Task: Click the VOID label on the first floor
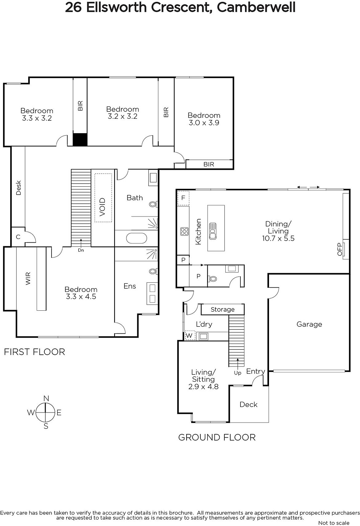pos(102,207)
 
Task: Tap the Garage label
pos(309,324)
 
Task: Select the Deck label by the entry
pos(248,404)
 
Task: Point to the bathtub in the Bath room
pos(137,238)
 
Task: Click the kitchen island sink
pos(213,231)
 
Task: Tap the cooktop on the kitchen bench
pos(184,231)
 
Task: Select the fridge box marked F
pos(183,198)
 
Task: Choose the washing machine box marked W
pos(189,335)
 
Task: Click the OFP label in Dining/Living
pos(340,249)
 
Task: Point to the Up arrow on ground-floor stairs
pos(237,364)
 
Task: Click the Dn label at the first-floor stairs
pos(81,250)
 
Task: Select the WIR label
pos(28,278)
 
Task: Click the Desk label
pos(18,188)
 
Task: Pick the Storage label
pos(222,309)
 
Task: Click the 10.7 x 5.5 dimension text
pos(278,238)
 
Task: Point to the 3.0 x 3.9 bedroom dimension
pos(204,123)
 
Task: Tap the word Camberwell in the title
pos(256,7)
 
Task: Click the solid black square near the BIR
pos(80,139)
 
